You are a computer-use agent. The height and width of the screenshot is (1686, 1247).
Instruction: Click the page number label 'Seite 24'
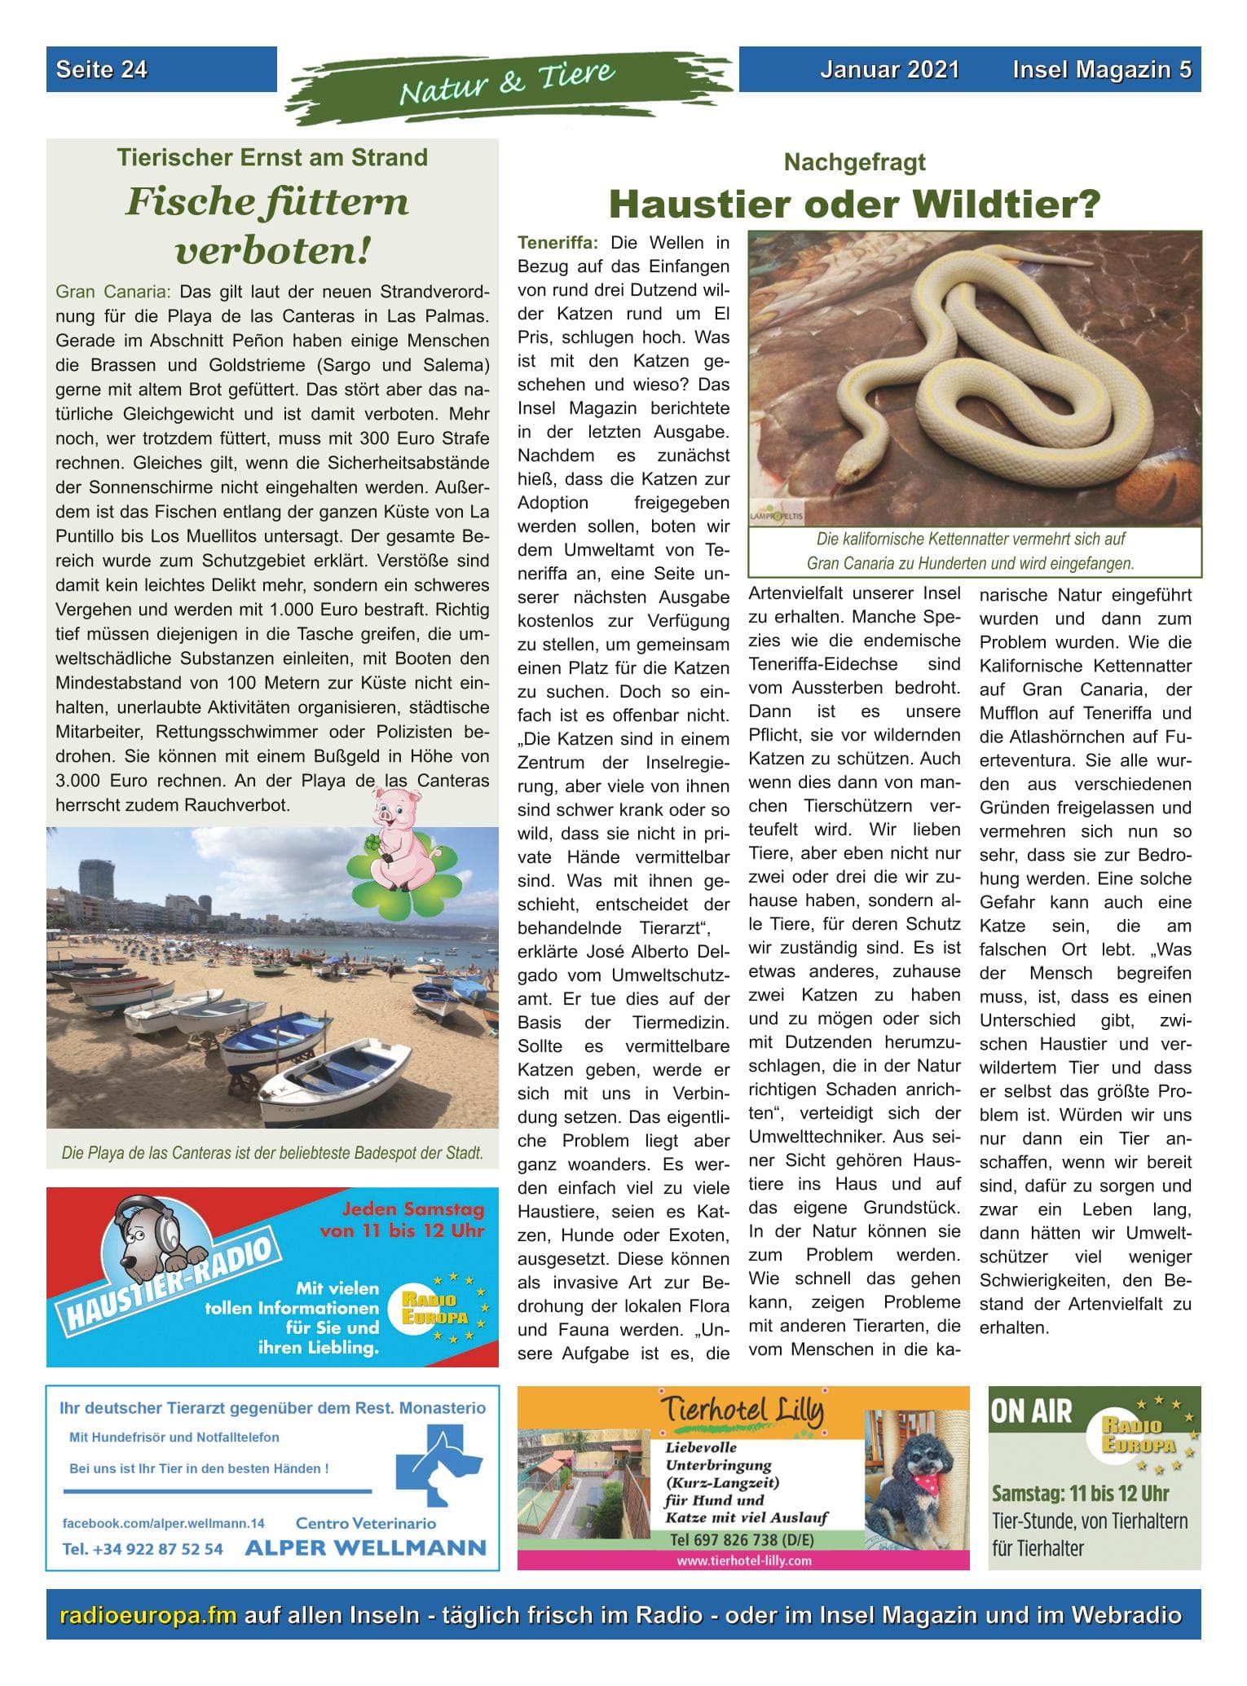click(102, 70)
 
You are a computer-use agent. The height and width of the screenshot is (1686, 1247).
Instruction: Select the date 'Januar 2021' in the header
click(889, 70)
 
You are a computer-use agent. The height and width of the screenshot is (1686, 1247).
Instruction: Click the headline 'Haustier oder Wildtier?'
click(854, 205)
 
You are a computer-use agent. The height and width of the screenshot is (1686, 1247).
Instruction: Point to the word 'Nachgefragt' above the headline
click(854, 162)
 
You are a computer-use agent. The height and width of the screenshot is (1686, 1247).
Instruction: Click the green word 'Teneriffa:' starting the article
click(558, 243)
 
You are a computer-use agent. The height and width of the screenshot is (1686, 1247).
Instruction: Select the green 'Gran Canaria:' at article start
click(112, 292)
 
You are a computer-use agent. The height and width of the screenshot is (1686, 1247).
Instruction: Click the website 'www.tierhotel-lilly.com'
click(743, 1561)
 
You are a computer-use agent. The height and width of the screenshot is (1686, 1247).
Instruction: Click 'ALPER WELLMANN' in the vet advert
click(365, 1547)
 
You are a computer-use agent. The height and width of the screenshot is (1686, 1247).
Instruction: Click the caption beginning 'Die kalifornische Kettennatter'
click(970, 539)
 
